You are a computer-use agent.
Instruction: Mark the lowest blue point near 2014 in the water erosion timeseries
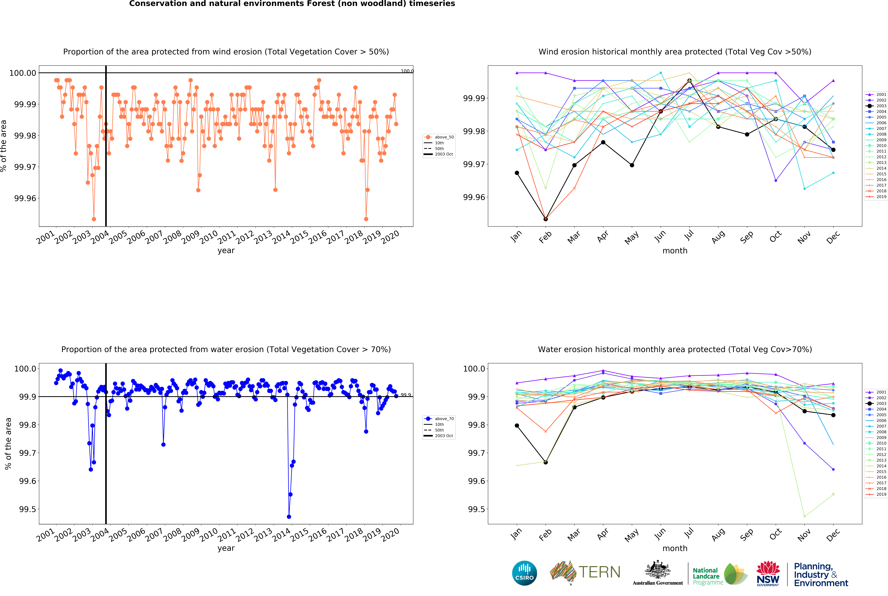click(289, 517)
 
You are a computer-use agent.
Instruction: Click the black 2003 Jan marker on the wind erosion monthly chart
click(517, 173)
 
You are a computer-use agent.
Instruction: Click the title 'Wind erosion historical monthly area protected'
click(675, 52)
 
